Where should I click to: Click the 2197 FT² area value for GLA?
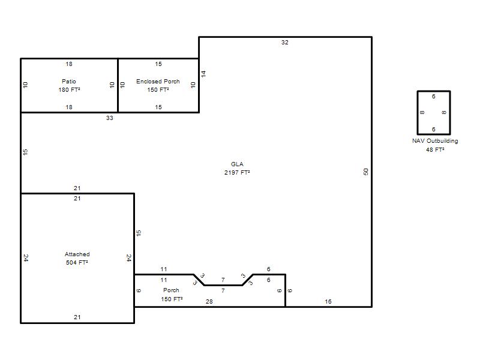coord(237,172)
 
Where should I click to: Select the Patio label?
coord(69,81)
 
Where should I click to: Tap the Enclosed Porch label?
coord(158,81)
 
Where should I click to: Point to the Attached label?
coord(77,254)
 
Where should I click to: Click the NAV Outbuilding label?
coord(435,141)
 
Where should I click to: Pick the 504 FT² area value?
coord(77,262)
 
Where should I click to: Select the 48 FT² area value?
coord(435,149)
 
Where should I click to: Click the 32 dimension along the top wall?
coord(284,42)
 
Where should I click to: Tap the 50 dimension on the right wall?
coord(366,172)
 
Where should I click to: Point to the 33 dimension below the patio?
coord(110,118)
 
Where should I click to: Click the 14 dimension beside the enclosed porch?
coord(203,73)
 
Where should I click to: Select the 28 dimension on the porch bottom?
coord(209,302)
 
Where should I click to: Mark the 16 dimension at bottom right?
coord(328,302)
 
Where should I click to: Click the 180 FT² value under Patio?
coord(69,89)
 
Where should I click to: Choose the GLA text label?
coord(237,164)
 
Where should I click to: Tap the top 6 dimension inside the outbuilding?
coord(433,97)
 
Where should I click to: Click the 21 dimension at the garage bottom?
coord(77,317)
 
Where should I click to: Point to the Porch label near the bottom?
coord(171,290)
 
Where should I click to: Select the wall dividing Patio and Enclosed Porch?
coord(118,85)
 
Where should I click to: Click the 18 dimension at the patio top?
coord(69,64)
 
